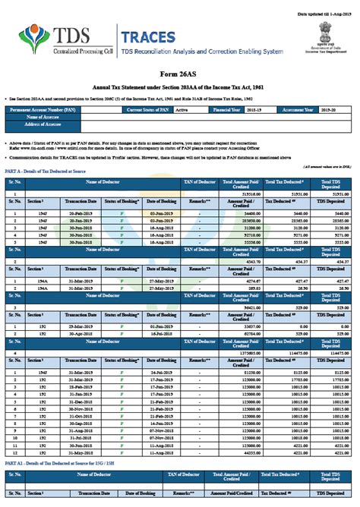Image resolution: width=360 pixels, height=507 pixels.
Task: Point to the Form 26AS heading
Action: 180,76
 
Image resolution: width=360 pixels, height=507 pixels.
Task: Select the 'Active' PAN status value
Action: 182,110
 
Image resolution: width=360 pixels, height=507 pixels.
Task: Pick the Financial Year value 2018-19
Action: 253,110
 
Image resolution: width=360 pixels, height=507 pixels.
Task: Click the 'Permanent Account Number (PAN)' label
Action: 45,110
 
